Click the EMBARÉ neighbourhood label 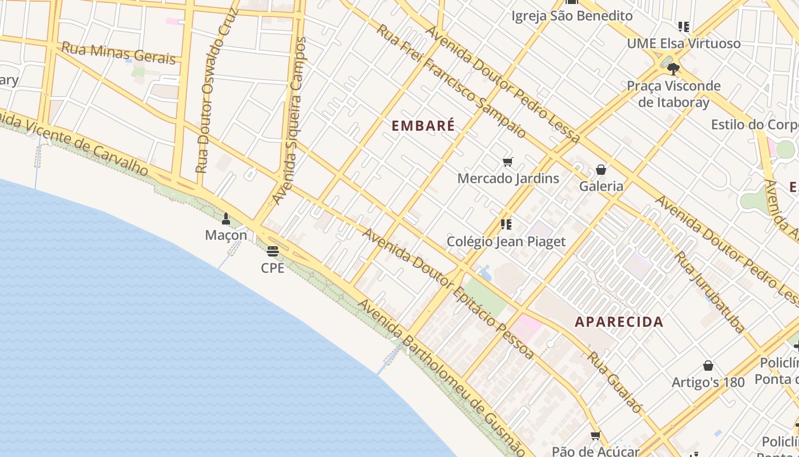423,126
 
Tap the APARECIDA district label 619,322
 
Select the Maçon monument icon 226,219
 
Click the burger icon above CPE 273,251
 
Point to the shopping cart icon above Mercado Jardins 507,162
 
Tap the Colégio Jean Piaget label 506,242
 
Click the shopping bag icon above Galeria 601,170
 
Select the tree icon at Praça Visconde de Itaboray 673,69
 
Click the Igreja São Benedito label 572,16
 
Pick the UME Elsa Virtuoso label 684,43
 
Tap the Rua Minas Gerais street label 118,53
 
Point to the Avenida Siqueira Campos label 289,121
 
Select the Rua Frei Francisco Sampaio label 451,80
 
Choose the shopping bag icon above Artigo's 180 708,366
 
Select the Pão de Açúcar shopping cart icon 596,436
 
